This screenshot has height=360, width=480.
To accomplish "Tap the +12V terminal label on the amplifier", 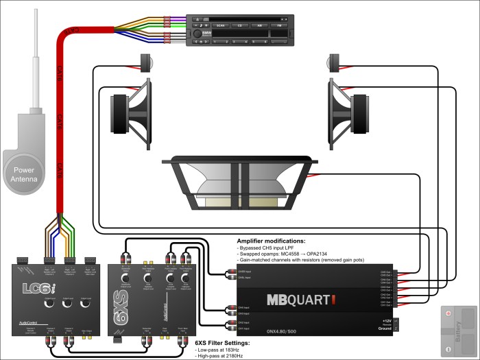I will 389,321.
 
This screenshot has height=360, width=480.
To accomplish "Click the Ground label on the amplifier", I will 388,329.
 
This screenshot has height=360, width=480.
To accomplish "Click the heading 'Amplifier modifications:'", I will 271,241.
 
